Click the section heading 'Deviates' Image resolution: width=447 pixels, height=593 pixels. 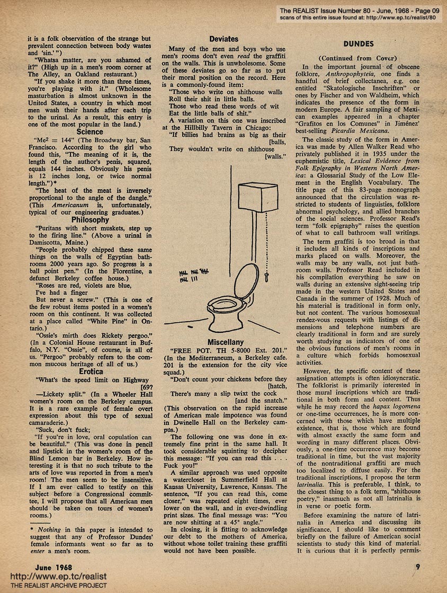coord(223,39)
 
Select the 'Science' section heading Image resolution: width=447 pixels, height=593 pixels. coord(90,131)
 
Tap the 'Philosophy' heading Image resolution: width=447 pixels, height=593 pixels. coord(90,219)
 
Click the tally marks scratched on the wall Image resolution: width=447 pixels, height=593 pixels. coord(194,273)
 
